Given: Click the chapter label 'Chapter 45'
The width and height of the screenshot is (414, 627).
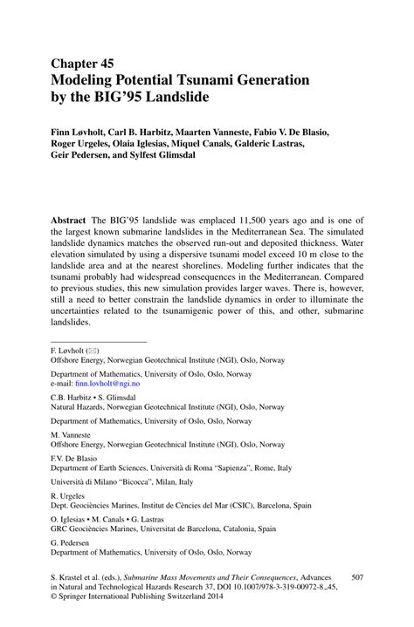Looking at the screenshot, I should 82,64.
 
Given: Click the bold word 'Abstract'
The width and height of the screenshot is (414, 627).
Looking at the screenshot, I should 72,222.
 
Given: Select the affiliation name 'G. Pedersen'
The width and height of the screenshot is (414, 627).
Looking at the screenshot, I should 71,543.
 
